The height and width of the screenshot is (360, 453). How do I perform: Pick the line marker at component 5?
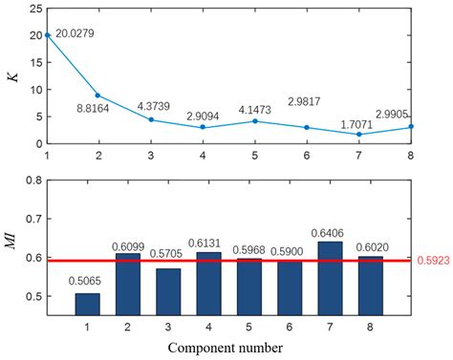pyautogui.click(x=253, y=121)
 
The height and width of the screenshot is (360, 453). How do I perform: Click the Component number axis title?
pyautogui.click(x=226, y=348)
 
